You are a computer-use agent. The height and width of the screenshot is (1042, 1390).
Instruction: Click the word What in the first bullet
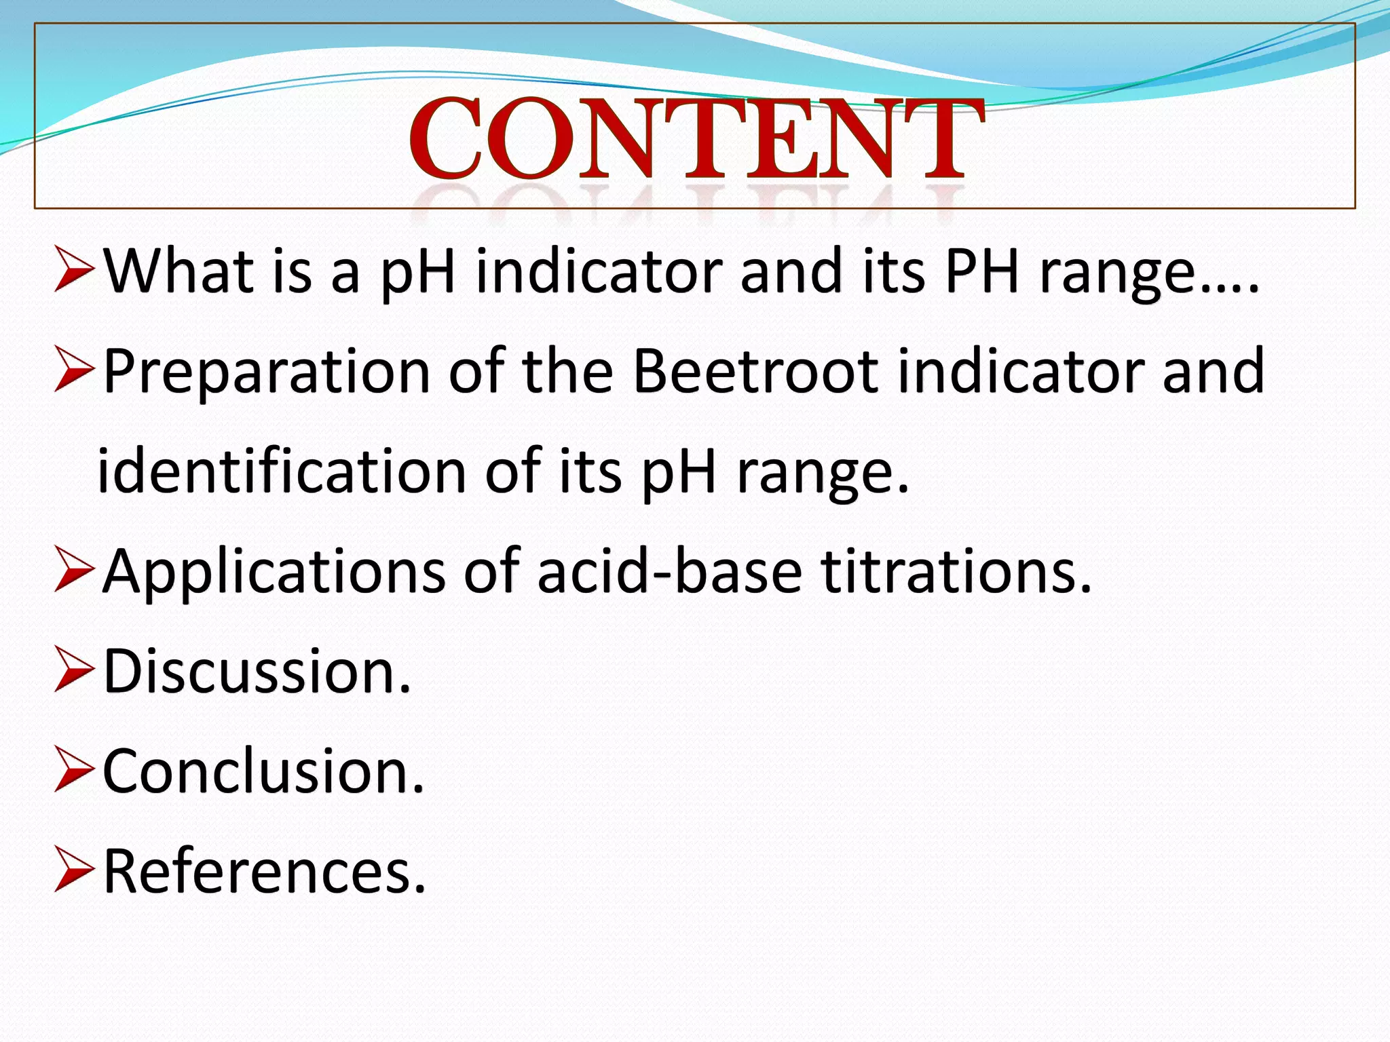[x=179, y=271]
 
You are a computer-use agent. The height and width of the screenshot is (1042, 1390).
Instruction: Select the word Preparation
[x=266, y=372]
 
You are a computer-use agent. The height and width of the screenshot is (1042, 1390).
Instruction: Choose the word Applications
[x=274, y=571]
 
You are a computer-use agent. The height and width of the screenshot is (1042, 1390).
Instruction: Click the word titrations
[x=956, y=571]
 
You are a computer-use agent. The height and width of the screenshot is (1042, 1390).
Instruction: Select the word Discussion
[x=257, y=671]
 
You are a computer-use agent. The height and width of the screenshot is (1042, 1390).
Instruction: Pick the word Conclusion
[x=263, y=771]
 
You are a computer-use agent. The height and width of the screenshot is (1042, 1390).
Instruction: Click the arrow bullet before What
[x=73, y=270]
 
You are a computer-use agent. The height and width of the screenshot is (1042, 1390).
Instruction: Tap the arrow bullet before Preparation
[x=73, y=370]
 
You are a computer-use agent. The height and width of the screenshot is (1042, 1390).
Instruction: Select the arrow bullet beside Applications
[x=73, y=571]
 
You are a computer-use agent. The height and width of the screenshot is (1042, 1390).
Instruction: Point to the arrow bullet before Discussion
[x=73, y=670]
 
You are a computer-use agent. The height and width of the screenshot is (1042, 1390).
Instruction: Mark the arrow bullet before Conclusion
[x=73, y=771]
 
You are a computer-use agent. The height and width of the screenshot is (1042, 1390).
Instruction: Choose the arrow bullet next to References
[x=73, y=870]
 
